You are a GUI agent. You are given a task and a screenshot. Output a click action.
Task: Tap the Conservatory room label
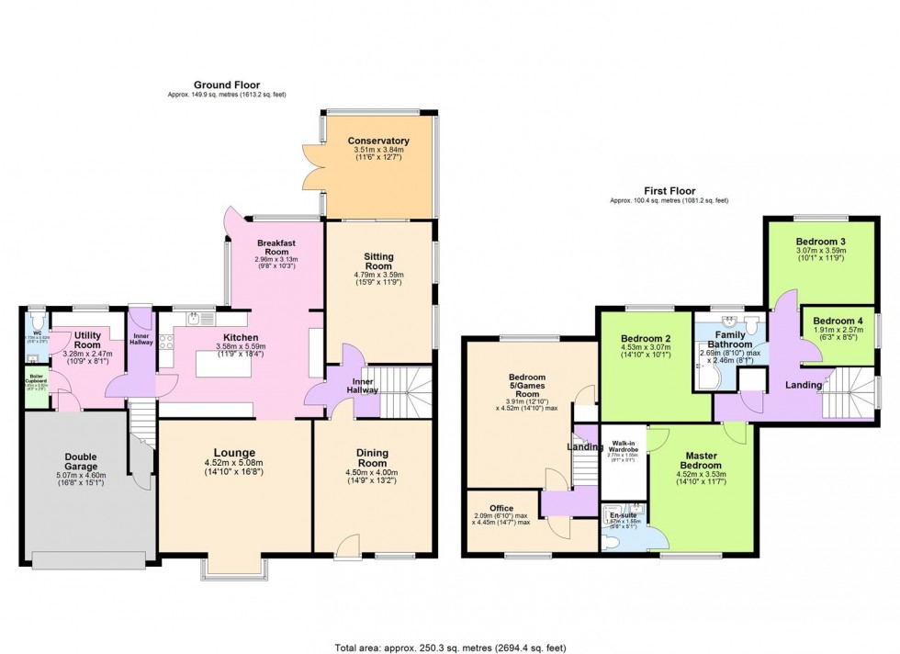tap(378, 141)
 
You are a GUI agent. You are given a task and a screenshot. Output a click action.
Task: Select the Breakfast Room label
tap(276, 248)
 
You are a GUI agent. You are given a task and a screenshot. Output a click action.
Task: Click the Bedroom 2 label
tap(646, 338)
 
